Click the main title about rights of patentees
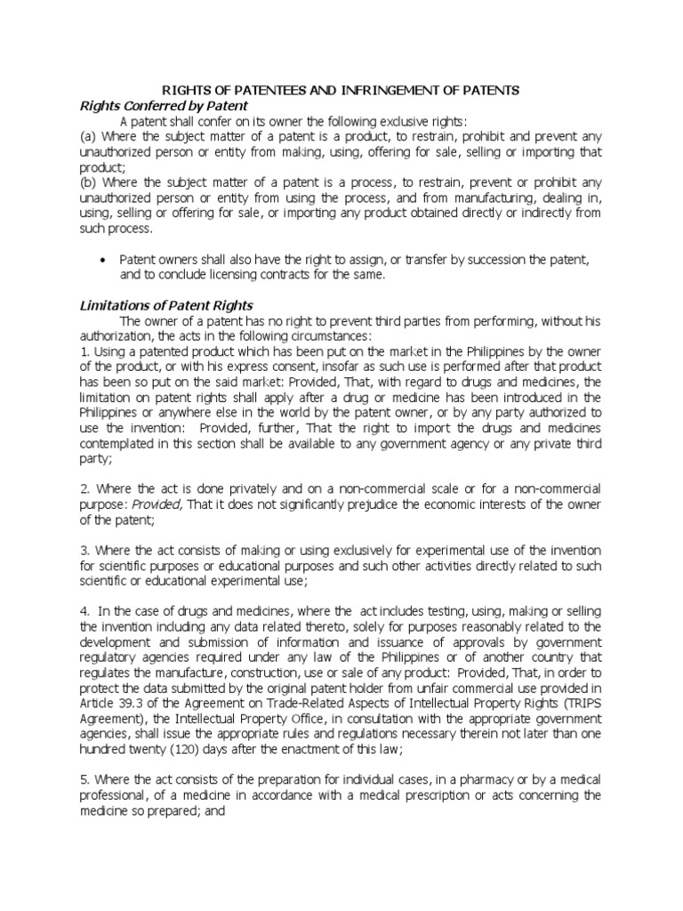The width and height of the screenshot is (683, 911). (x=341, y=91)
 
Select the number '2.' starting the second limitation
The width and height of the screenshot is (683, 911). (x=85, y=490)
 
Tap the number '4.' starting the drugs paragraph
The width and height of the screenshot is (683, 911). (x=85, y=611)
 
